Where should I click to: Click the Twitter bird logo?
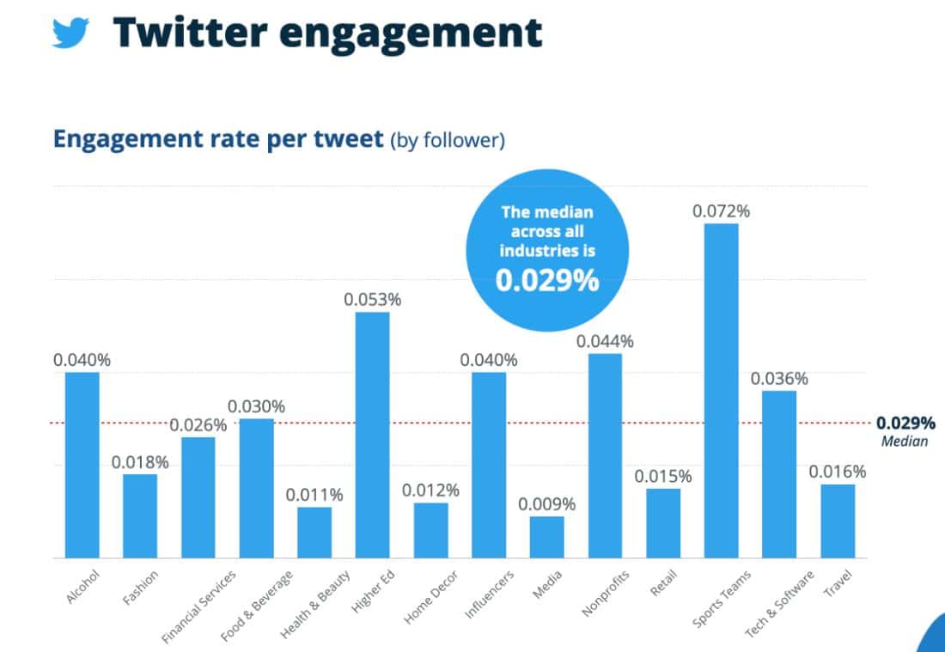[71, 32]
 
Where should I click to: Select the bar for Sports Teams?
[721, 391]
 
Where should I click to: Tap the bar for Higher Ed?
[372, 435]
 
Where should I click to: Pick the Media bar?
[546, 537]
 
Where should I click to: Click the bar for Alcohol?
[82, 465]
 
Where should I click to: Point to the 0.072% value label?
[721, 210]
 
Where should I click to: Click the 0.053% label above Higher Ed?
[372, 300]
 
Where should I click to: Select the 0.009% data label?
[546, 504]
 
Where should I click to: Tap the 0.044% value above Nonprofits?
[605, 341]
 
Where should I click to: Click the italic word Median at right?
[905, 442]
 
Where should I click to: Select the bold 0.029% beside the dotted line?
[905, 423]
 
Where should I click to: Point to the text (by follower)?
[447, 140]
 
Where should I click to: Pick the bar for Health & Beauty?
[314, 533]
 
